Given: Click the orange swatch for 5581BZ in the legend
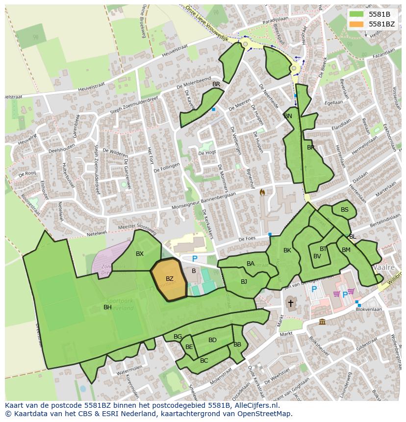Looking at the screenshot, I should (x=358, y=24).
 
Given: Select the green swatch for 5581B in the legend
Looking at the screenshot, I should (x=358, y=14).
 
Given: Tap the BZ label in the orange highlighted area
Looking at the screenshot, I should (x=169, y=279).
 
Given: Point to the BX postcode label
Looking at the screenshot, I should (x=140, y=254).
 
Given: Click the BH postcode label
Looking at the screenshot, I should (x=107, y=307).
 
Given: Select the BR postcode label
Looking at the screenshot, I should (x=216, y=84).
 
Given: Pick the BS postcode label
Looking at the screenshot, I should (x=345, y=210).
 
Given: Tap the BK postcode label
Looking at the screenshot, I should (x=287, y=250).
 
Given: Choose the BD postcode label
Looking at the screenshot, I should (x=212, y=340).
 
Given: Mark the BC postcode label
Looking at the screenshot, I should (x=204, y=361).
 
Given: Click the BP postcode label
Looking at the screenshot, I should (x=310, y=147).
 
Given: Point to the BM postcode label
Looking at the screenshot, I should (x=346, y=250).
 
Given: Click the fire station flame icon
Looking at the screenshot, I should (x=262, y=193).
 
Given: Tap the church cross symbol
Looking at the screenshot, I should (x=290, y=303).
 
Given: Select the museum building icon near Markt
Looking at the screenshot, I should (x=322, y=322).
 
